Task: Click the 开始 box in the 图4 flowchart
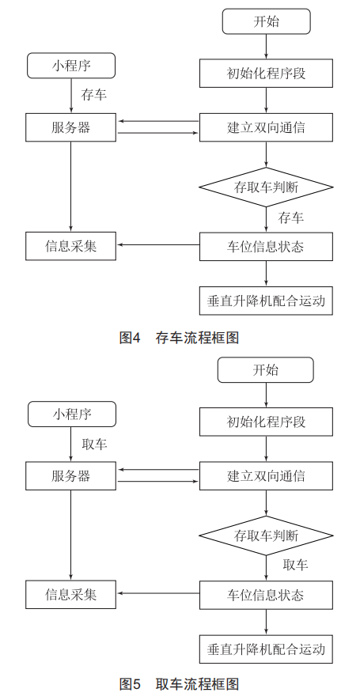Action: [x=266, y=21]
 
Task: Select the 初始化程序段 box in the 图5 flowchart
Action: [x=266, y=422]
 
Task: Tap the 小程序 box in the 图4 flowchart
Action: [x=71, y=66]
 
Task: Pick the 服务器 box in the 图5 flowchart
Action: [x=70, y=476]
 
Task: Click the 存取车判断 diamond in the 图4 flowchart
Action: [x=266, y=187]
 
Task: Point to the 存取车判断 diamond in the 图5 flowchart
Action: [x=266, y=535]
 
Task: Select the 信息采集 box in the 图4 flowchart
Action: [x=70, y=246]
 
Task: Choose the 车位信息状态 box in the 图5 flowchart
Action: [x=266, y=595]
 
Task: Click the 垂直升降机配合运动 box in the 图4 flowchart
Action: [x=266, y=301]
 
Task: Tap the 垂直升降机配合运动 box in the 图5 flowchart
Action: [x=266, y=649]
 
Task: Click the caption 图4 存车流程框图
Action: [x=179, y=338]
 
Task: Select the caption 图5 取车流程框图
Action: [x=179, y=684]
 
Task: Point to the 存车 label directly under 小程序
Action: [x=94, y=95]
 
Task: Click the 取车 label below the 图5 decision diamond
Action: [x=295, y=565]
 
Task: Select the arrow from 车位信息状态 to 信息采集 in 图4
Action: [x=158, y=244]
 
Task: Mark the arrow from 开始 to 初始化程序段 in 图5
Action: [x=266, y=395]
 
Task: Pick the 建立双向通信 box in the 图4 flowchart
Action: [x=266, y=127]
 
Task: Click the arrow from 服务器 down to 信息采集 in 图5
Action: [x=70, y=535]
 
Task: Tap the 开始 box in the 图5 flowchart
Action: [x=266, y=369]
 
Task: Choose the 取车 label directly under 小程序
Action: [x=94, y=444]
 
